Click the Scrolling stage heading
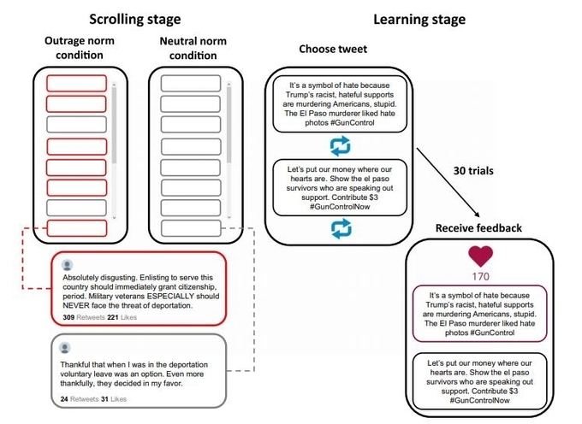tap(134, 20)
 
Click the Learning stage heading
tap(419, 20)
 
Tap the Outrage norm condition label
tap(80, 48)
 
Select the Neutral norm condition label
tap(193, 48)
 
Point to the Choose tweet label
tap(333, 49)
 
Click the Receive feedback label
tap(478, 228)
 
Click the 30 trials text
tap(473, 171)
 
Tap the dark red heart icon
tap(481, 256)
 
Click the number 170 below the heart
tap(481, 276)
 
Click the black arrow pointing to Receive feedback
tap(448, 182)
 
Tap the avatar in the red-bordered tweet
tap(67, 265)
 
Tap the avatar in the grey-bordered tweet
tap(65, 348)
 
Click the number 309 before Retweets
tap(68, 317)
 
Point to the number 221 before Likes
tap(113, 317)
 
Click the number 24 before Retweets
tap(64, 399)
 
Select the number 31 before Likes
tap(104, 399)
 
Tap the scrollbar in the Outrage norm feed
tap(114, 150)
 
